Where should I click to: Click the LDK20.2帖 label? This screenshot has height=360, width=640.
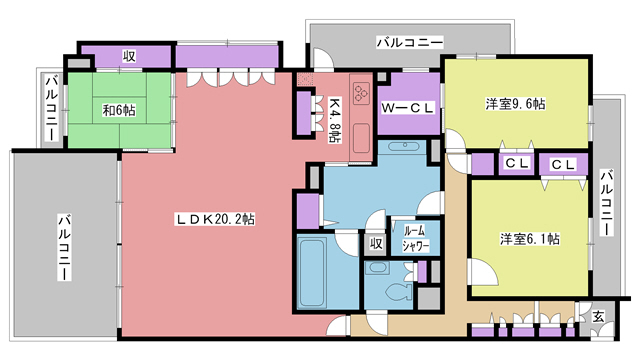tap(214, 217)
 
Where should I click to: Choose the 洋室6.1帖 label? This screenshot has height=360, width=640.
tap(529, 238)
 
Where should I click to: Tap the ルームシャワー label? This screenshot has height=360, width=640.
tap(415, 237)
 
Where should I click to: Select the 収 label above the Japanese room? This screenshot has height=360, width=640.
tap(130, 56)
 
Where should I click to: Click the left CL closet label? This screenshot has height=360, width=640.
tap(516, 163)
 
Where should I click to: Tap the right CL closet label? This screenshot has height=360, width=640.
tap(563, 163)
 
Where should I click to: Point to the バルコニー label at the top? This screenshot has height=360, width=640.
tap(410, 43)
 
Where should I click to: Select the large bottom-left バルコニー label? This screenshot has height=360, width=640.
tap(62, 246)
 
